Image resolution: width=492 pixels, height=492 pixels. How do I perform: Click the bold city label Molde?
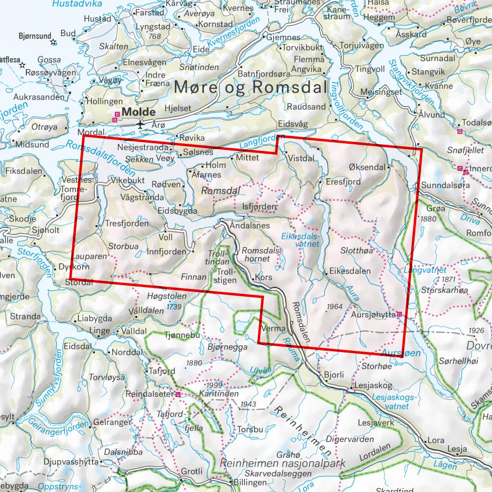click(139, 112)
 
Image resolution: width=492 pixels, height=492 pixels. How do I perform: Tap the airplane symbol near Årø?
click(140, 124)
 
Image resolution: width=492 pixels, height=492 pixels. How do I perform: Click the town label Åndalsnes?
click(250, 226)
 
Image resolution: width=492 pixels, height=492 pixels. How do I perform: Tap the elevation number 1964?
click(333, 306)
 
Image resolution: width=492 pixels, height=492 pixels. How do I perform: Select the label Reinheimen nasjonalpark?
click(283, 463)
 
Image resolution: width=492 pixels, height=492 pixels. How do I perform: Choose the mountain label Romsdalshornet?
click(262, 255)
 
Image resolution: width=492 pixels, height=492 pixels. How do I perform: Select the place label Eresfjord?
click(343, 182)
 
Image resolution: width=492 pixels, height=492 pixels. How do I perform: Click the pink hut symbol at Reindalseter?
click(178, 394)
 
